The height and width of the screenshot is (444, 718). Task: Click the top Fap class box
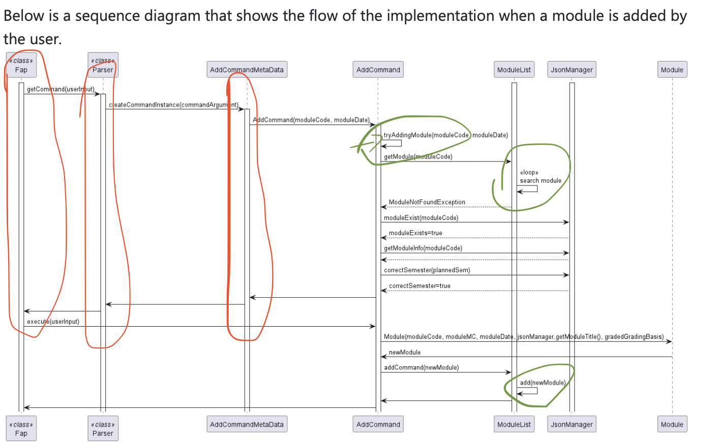pos(21,66)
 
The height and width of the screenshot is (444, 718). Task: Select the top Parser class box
pos(103,66)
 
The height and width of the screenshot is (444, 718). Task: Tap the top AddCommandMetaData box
pos(247,70)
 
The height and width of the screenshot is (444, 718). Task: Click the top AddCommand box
pos(378,70)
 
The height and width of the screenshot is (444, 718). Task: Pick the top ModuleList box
pos(514,70)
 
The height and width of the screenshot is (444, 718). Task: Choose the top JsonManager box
pos(572,70)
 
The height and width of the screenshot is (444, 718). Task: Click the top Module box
pos(672,70)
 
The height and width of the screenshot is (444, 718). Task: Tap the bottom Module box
pos(672,424)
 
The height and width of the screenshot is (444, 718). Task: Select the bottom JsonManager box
pos(572,424)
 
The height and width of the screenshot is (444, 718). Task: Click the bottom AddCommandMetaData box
pos(247,424)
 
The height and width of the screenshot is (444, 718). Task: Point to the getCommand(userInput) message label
pos(61,89)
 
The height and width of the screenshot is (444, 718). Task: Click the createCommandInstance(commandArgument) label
pos(173,105)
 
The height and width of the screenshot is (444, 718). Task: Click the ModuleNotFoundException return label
pos(427,202)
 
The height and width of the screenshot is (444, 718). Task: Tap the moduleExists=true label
pos(415,233)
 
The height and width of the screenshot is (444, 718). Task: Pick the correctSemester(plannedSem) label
pos(427,270)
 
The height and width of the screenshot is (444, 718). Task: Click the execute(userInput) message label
pos(53,322)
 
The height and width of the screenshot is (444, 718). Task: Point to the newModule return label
pos(404,353)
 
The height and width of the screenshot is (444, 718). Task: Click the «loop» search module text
pos(540,177)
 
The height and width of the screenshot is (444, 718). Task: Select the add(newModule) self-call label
pos(543,383)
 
